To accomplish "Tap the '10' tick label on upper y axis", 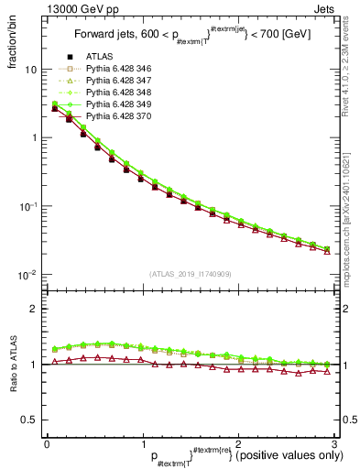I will (30, 70).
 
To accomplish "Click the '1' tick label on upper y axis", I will (34, 138).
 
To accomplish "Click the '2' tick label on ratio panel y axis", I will (34, 310).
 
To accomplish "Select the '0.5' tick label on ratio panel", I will (29, 420).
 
